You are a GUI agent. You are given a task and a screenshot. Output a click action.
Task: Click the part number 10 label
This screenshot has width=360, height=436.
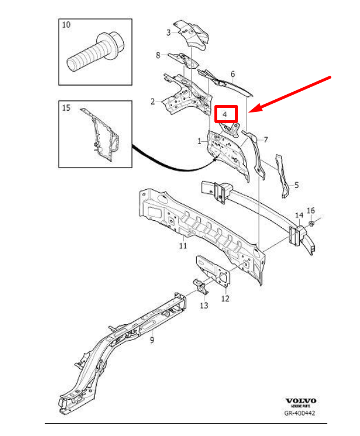66,25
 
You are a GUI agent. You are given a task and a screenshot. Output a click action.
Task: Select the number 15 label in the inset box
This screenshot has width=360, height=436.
66,108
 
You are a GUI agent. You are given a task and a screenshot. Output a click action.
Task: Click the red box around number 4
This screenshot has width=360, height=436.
225,114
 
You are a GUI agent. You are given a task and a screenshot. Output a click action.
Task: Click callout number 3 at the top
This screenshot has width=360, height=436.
169,32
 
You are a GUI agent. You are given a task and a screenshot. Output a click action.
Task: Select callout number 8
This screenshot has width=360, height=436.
158,55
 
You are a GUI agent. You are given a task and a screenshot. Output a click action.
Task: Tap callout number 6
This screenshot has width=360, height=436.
233,74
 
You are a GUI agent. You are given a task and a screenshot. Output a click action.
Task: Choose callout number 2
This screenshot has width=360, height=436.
153,102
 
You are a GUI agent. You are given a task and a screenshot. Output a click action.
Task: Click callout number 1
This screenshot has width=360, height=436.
199,141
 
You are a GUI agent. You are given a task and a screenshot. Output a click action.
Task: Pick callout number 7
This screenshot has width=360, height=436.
265,139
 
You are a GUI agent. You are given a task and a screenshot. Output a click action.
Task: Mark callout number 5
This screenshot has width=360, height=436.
296,185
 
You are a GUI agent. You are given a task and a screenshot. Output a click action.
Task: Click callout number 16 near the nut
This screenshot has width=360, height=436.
311,210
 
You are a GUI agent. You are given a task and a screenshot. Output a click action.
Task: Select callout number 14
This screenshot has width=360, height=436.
298,215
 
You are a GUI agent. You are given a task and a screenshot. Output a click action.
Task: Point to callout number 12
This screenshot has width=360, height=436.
225,298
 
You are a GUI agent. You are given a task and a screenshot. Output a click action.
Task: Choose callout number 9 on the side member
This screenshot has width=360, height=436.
152,341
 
